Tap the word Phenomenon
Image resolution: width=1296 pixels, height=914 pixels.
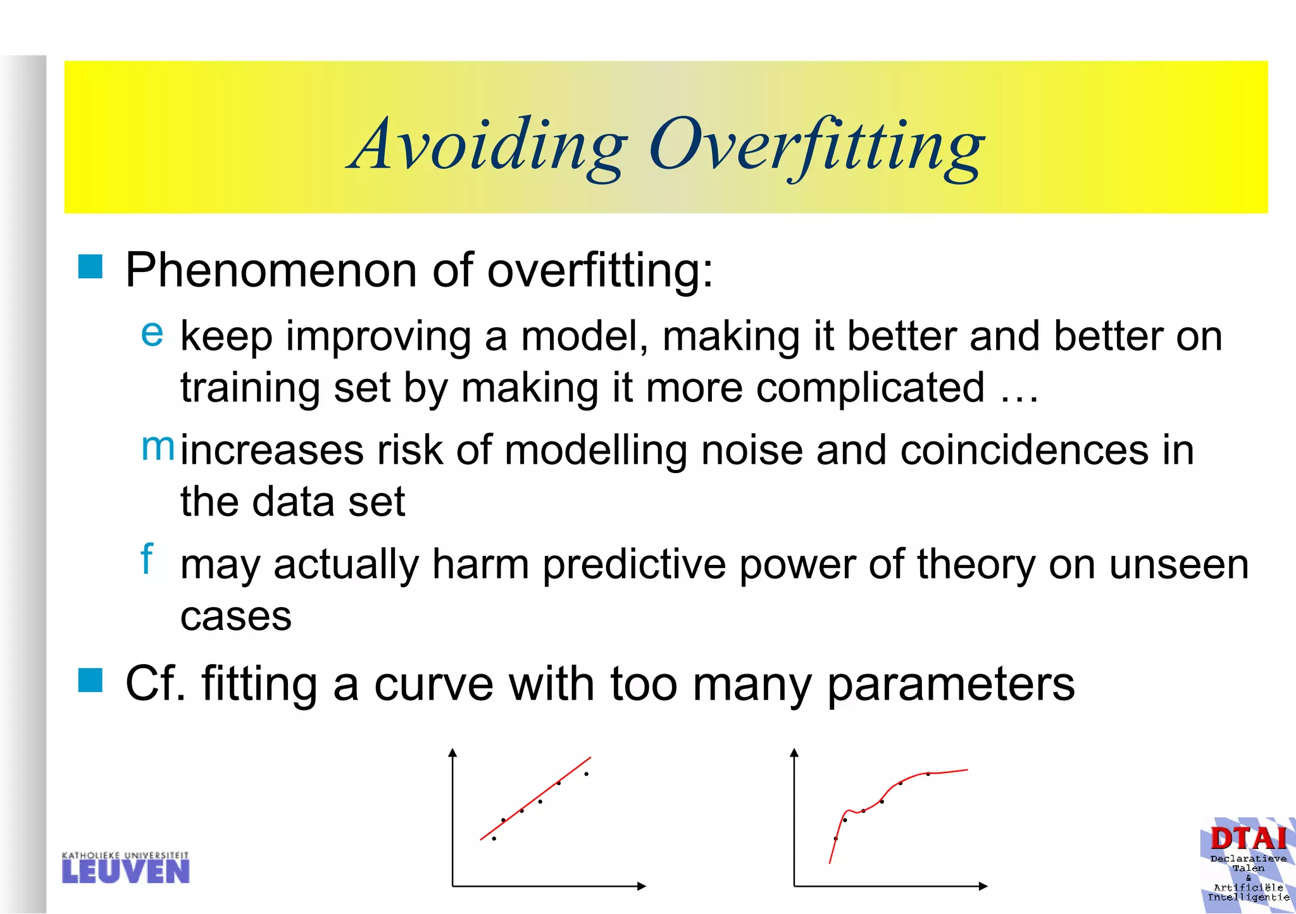point(271,271)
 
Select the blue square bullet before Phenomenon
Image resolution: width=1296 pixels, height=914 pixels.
point(90,267)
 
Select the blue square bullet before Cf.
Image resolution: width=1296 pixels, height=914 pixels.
point(90,681)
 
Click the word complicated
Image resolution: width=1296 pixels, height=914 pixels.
point(870,387)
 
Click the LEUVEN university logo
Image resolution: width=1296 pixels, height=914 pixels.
point(126,868)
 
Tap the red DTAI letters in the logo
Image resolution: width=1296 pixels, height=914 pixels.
point(1249,839)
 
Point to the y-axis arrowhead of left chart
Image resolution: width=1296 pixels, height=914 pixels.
point(452,752)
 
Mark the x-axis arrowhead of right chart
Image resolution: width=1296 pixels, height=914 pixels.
point(983,886)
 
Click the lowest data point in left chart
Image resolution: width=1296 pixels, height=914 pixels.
point(494,839)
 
